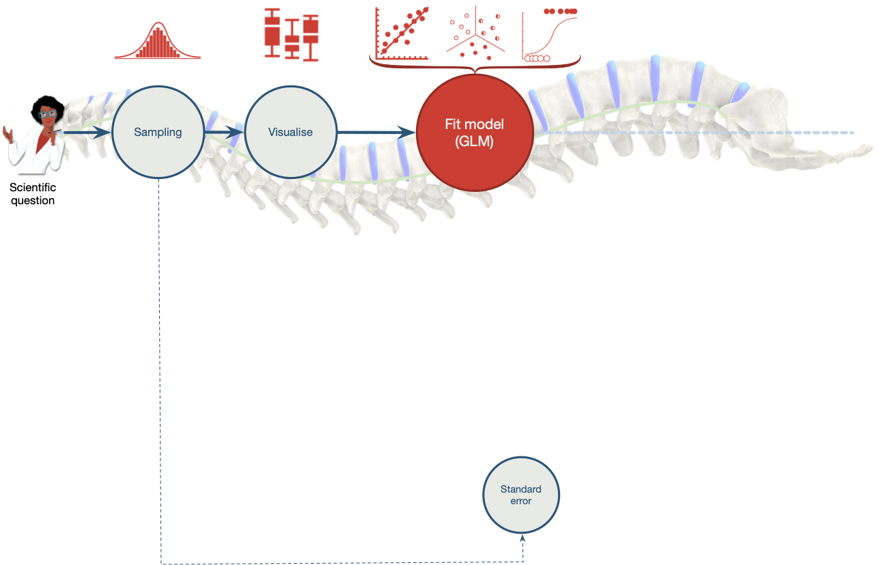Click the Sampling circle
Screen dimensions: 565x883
[158, 132]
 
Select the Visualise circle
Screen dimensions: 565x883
[290, 132]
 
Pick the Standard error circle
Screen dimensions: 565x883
[520, 495]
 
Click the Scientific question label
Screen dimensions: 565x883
[32, 194]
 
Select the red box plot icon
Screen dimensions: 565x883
[292, 35]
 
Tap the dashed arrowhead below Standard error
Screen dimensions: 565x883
[522, 540]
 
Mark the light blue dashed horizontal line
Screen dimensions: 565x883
[717, 133]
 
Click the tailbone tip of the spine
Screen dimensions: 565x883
[867, 148]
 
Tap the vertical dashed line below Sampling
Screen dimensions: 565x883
[160, 369]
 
